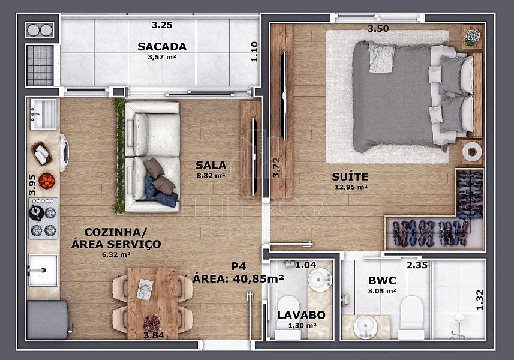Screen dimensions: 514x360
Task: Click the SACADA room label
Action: pyautogui.click(x=162, y=47)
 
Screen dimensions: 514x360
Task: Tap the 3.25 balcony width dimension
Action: pyautogui.click(x=162, y=25)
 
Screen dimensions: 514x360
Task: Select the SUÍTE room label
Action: pyautogui.click(x=350, y=177)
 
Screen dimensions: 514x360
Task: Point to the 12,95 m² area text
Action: pyautogui.click(x=351, y=187)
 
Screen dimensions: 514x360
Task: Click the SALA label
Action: pyautogui.click(x=211, y=165)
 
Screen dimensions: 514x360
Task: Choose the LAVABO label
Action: pyautogui.click(x=302, y=315)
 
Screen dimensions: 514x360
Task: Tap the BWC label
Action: pyautogui.click(x=382, y=281)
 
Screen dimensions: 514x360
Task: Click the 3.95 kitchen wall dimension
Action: pyautogui.click(x=32, y=185)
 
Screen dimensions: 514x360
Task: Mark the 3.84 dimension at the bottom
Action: pyautogui.click(x=154, y=335)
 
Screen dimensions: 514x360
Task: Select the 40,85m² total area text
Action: pyautogui.click(x=258, y=278)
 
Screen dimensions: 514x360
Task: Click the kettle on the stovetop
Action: pyautogui.click(x=36, y=212)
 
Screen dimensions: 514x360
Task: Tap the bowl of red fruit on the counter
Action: pyautogui.click(x=47, y=181)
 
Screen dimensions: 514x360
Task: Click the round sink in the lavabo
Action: pyautogui.click(x=320, y=280)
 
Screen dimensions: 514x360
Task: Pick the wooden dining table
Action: pyautogui.click(x=153, y=304)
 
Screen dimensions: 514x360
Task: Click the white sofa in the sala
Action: pyautogui.click(x=152, y=157)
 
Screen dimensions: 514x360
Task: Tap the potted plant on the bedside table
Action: pyautogui.click(x=473, y=37)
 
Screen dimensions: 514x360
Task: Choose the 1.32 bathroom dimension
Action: pyautogui.click(x=480, y=299)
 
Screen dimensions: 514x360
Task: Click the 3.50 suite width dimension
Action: pyautogui.click(x=378, y=29)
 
